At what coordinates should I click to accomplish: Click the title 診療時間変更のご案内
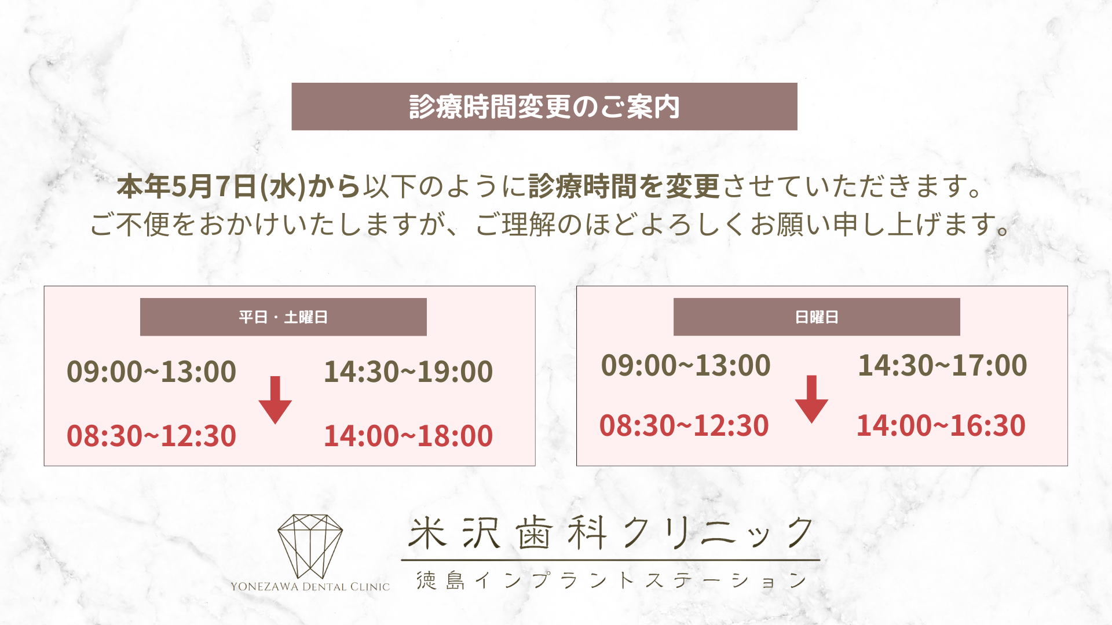coord(544,107)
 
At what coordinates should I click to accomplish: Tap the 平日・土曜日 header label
coord(283,317)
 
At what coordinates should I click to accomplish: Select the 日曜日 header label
coord(817,317)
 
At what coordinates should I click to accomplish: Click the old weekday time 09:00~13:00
coord(151,372)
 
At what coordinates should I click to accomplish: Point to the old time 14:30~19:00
coord(408,372)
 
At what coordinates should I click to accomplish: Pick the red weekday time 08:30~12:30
coord(151,436)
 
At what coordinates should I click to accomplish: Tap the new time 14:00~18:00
coord(408,436)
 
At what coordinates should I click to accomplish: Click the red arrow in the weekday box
coord(275,400)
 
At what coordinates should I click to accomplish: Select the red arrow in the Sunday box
coord(811,399)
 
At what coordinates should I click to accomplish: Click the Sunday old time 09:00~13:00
coord(686,366)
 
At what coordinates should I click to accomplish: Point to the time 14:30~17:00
coord(942,366)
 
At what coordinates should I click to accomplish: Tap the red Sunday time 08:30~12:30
coord(684,426)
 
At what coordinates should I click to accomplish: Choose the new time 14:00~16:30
coord(941,426)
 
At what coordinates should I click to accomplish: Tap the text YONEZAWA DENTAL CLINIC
coord(310,587)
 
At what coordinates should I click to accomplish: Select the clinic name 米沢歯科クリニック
coord(611,533)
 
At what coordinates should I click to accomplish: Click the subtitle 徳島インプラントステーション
coord(611,580)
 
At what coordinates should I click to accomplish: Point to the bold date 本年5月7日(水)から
coord(239,186)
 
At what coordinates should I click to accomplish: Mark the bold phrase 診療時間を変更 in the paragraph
coord(624,186)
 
